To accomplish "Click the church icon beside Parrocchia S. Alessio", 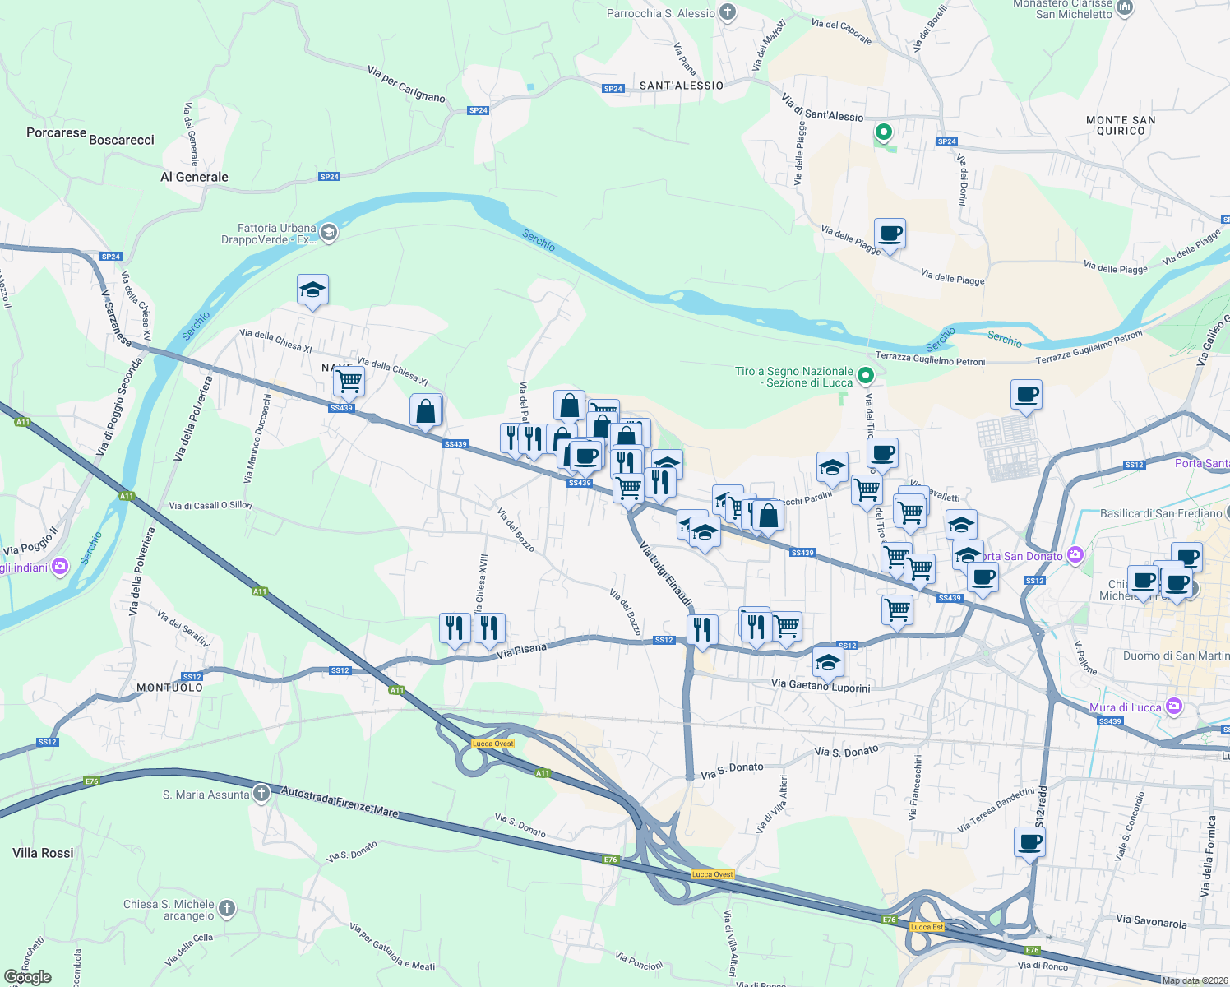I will click(x=727, y=12).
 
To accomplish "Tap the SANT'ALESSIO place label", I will click(x=682, y=86).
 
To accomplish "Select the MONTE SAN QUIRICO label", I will click(x=1121, y=125).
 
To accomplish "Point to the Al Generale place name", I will click(x=194, y=177).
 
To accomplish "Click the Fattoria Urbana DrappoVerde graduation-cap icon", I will click(x=328, y=233).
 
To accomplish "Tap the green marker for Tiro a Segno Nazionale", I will click(x=865, y=376).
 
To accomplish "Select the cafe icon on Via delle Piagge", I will click(x=890, y=234).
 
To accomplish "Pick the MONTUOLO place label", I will click(x=169, y=688).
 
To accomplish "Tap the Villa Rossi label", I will click(x=43, y=853).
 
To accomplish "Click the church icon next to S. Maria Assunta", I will click(x=261, y=794).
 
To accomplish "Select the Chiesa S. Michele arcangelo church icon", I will click(x=227, y=909).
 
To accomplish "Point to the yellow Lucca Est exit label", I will click(x=927, y=927).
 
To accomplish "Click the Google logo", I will click(x=28, y=977).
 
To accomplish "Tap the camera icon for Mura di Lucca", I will click(x=1174, y=707).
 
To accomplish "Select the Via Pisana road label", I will click(x=522, y=651).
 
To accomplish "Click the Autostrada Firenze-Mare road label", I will click(x=340, y=801).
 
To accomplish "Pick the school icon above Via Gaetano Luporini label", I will click(x=827, y=660).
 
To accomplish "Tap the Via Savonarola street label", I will click(x=1151, y=922).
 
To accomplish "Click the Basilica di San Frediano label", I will click(x=1161, y=514).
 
